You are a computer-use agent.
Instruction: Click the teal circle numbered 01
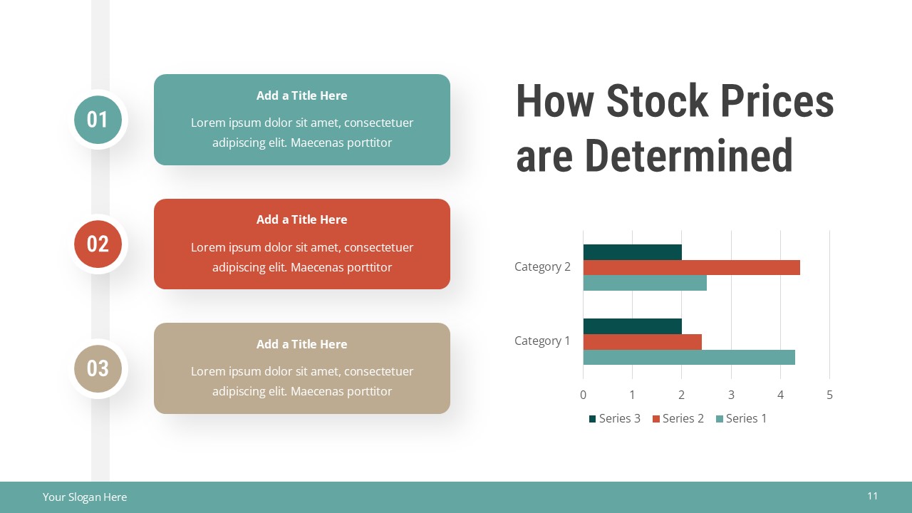tap(98, 120)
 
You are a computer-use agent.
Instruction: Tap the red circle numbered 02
tap(98, 244)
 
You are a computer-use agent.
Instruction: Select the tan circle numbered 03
tap(98, 368)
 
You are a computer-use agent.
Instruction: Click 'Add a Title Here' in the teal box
tap(301, 95)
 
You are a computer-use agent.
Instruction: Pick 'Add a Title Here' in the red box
tap(301, 219)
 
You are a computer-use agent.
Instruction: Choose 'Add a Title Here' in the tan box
tap(301, 344)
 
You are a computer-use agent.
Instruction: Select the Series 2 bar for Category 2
tap(691, 267)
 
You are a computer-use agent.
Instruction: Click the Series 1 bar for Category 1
tap(688, 357)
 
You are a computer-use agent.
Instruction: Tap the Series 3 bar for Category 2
tap(632, 252)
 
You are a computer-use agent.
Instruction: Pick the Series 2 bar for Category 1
tap(642, 342)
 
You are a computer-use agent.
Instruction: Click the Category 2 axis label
tap(542, 266)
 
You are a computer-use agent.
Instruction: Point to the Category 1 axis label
tap(542, 341)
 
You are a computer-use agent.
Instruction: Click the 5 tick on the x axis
tap(829, 395)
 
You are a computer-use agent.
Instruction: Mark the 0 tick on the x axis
tap(583, 395)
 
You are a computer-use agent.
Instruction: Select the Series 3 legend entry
tap(614, 418)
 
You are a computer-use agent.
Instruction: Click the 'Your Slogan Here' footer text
tap(85, 497)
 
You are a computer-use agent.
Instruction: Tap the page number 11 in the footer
tap(872, 496)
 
